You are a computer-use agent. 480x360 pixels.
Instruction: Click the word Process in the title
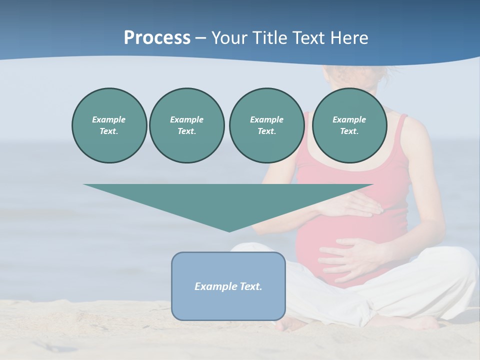(157, 38)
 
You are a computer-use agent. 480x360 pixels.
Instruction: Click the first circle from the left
(109, 125)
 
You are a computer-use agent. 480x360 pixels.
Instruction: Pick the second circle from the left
(186, 125)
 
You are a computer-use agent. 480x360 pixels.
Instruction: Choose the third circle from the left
(266, 125)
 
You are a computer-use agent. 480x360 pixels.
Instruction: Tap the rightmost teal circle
(349, 125)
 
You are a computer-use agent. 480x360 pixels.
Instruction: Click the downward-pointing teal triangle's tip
(229, 230)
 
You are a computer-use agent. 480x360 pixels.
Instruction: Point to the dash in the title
(201, 38)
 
